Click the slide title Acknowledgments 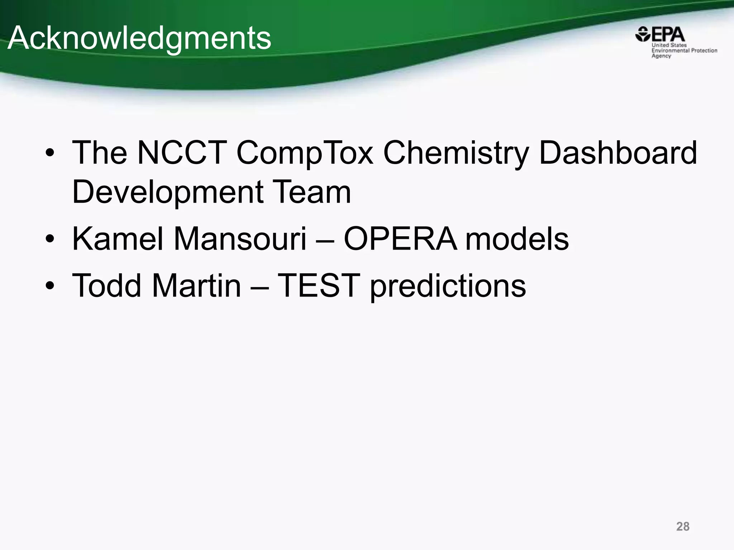[x=139, y=39]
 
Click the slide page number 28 [x=683, y=526]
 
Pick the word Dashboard [x=618, y=153]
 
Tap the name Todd [x=107, y=285]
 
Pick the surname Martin [x=196, y=285]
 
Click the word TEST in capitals [x=319, y=285]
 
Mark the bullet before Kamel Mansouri [x=50, y=239]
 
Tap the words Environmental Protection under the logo [x=684, y=50]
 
